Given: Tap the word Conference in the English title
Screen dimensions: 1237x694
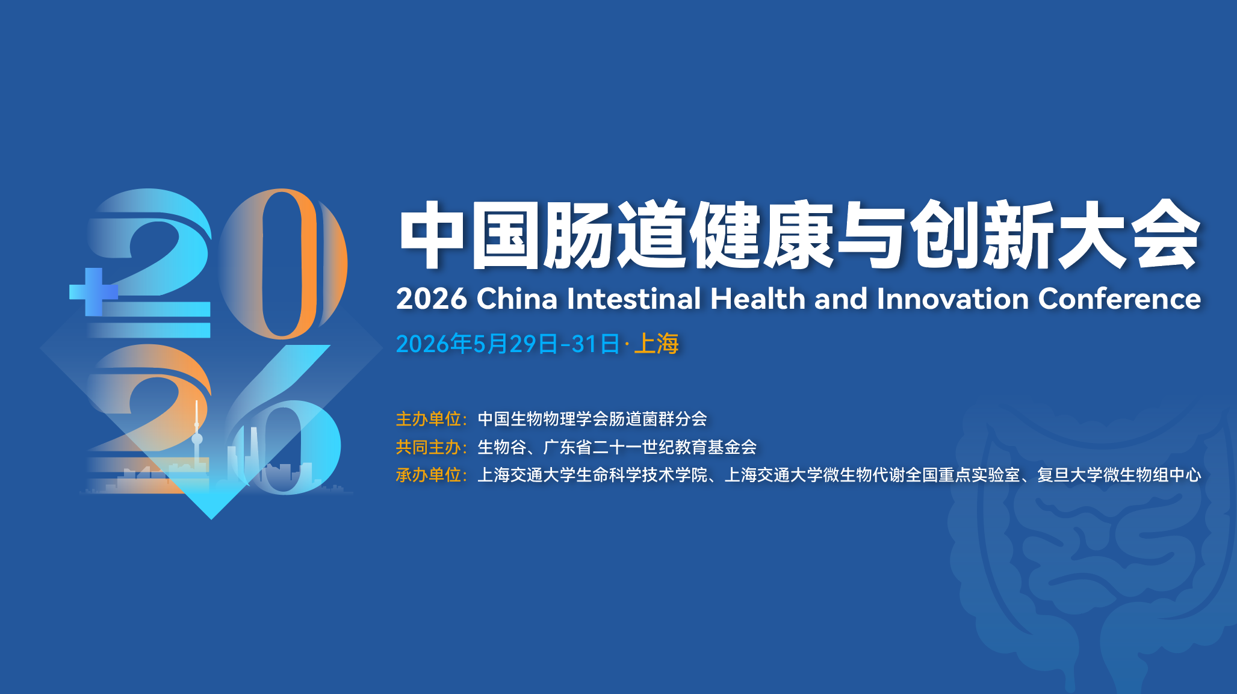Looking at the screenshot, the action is (1120, 299).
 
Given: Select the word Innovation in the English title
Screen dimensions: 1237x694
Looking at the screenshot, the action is (953, 299).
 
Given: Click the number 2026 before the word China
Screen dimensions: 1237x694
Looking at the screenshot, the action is (432, 299).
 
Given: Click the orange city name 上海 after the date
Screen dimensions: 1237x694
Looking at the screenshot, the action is (656, 344).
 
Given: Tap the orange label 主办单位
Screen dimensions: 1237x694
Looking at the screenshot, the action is (428, 418).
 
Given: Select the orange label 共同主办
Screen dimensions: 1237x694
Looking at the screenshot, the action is (428, 447).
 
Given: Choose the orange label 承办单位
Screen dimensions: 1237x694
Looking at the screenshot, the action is (428, 475).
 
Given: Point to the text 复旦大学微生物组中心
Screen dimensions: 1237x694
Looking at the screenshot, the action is (1119, 475).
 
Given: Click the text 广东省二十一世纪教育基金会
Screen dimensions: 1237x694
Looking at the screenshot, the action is (650, 447).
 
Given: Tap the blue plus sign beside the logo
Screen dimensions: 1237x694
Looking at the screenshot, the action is (93, 292).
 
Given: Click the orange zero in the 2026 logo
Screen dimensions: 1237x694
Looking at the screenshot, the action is (282, 263).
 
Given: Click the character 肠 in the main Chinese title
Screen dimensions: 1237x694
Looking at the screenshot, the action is (580, 234).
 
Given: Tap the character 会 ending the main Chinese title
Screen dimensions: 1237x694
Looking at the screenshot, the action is (1165, 234).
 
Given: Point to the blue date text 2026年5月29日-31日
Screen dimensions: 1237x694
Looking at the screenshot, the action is (508, 344).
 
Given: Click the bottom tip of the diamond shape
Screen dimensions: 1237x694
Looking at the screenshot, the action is (211, 519).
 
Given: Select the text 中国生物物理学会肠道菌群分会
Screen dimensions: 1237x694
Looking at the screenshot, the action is (592, 418).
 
